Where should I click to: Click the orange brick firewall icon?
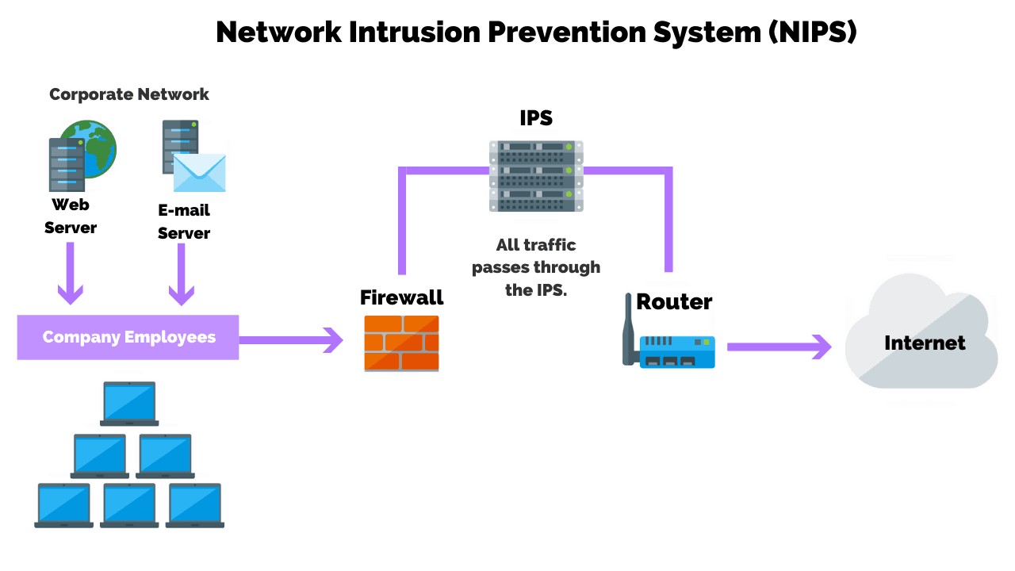[x=401, y=343]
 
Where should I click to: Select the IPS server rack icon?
[x=536, y=176]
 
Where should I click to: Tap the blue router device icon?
[x=678, y=351]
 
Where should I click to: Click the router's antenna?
[x=630, y=337]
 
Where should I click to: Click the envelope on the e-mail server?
[x=199, y=173]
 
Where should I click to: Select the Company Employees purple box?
[x=128, y=337]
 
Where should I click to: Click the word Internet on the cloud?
[x=925, y=343]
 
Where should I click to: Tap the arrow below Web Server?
[x=70, y=274]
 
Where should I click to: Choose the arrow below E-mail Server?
[x=182, y=274]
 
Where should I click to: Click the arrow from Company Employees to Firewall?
[x=291, y=340]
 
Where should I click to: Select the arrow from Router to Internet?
[x=779, y=347]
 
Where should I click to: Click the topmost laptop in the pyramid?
[x=129, y=403]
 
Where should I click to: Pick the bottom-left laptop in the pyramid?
[x=64, y=505]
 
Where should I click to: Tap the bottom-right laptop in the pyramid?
[x=195, y=505]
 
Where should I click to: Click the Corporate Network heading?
[x=129, y=94]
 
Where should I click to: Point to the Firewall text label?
[x=401, y=297]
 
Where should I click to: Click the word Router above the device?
[x=674, y=301]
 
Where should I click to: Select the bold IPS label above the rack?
[x=536, y=118]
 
